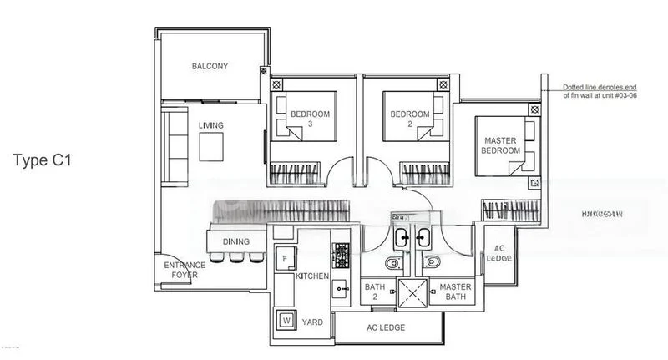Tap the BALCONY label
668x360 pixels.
(210, 66)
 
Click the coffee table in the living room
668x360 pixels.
(211, 147)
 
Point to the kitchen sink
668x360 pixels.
(341, 287)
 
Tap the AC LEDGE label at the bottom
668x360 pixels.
(386, 327)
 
